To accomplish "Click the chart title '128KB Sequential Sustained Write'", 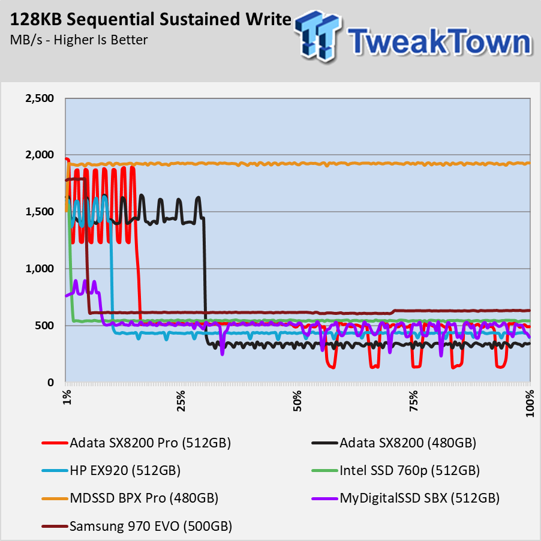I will pyautogui.click(x=151, y=20).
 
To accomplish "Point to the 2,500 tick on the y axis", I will pyautogui.click(x=37, y=98).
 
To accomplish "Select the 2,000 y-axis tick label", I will pyautogui.click(x=37, y=155).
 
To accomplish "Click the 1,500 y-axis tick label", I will pyautogui.click(x=37, y=212).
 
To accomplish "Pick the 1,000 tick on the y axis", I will pyautogui.click(x=37, y=269).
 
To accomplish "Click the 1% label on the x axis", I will pyautogui.click(x=67, y=399).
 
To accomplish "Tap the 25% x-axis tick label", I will pyautogui.click(x=182, y=401).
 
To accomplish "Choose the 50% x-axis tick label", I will pyautogui.click(x=298, y=401).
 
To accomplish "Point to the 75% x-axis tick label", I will pyautogui.click(x=414, y=401).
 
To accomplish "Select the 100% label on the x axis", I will pyautogui.click(x=530, y=403).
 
